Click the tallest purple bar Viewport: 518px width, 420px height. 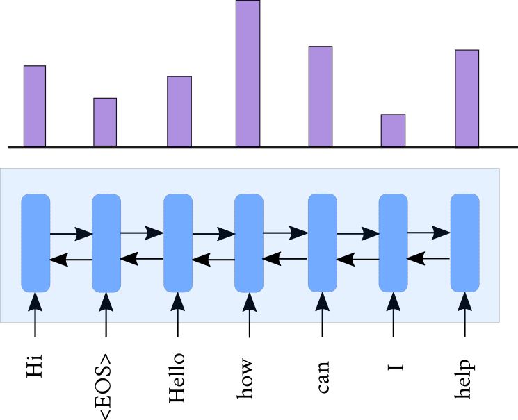(x=248, y=74)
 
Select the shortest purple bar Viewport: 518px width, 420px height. (x=393, y=131)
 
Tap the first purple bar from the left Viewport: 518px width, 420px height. (x=35, y=106)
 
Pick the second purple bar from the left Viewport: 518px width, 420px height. (x=105, y=122)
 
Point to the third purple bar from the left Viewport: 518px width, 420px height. (x=179, y=112)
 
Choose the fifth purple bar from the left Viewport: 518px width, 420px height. (x=321, y=96)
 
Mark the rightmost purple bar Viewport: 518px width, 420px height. (x=467, y=99)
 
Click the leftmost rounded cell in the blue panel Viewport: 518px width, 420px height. (x=35, y=243)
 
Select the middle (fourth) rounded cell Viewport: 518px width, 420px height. (x=249, y=243)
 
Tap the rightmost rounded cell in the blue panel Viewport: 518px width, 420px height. (x=465, y=243)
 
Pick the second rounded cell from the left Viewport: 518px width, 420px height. (x=106, y=243)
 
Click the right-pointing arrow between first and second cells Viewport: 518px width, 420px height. (x=72, y=234)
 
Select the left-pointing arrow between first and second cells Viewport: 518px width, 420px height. (x=71, y=260)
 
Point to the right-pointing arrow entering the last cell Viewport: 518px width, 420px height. (x=428, y=233)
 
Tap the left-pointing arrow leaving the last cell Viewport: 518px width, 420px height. (x=428, y=259)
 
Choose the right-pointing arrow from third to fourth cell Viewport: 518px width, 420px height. (x=213, y=234)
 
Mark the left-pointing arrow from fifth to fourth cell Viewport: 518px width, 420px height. (x=284, y=259)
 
